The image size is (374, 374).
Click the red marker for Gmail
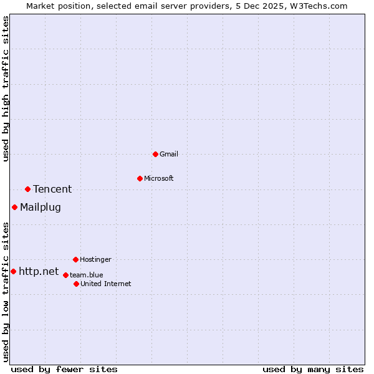tap(155, 154)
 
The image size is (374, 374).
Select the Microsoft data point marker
tap(140, 178)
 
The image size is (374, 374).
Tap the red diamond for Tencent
tap(27, 189)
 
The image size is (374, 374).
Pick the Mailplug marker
tap(14, 207)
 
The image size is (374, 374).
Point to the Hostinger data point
tap(75, 259)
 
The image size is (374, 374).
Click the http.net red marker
tap(13, 271)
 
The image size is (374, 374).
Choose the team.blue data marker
tap(65, 275)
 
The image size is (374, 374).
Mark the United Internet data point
tap(76, 284)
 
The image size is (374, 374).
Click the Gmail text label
tap(169, 154)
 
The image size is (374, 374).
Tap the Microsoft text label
tap(159, 178)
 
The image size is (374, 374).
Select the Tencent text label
tap(52, 189)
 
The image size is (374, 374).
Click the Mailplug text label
tap(41, 207)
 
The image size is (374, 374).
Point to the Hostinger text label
tap(95, 259)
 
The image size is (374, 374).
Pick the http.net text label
tap(39, 271)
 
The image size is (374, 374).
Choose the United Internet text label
tap(106, 284)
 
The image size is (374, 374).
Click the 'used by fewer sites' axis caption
tap(64, 369)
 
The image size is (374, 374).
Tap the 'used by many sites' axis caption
tap(313, 369)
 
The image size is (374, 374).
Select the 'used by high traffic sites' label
tap(6, 89)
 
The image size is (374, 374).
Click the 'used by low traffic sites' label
tap(6, 292)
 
